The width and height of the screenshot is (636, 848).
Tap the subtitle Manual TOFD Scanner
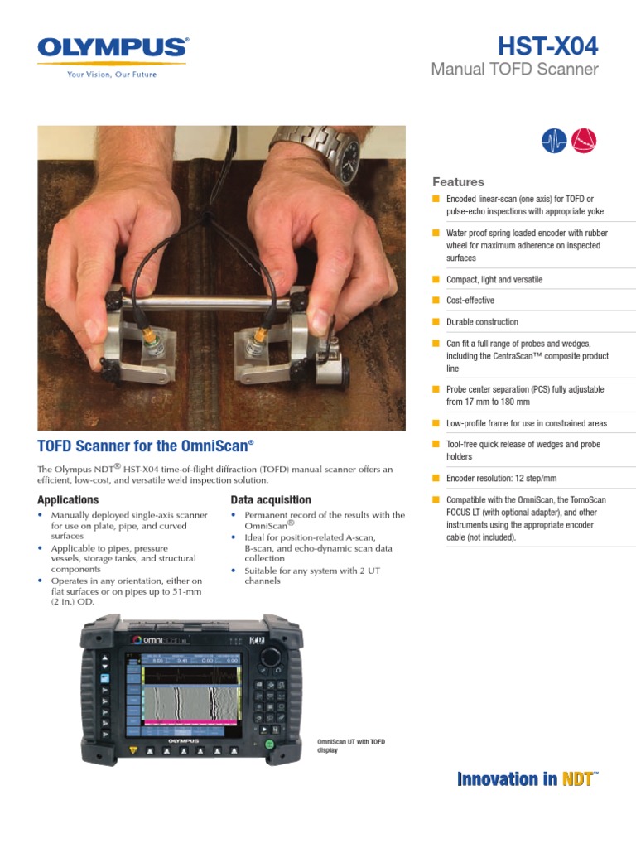click(514, 70)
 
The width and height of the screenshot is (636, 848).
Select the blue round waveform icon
click(553, 142)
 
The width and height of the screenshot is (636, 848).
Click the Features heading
click(458, 182)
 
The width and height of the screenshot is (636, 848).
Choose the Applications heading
click(68, 500)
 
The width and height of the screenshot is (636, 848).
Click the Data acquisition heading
click(271, 500)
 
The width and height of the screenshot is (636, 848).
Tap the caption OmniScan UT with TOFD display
click(352, 746)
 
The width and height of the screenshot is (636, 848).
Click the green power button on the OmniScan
click(269, 745)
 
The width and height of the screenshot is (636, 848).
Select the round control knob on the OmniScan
click(270, 656)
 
